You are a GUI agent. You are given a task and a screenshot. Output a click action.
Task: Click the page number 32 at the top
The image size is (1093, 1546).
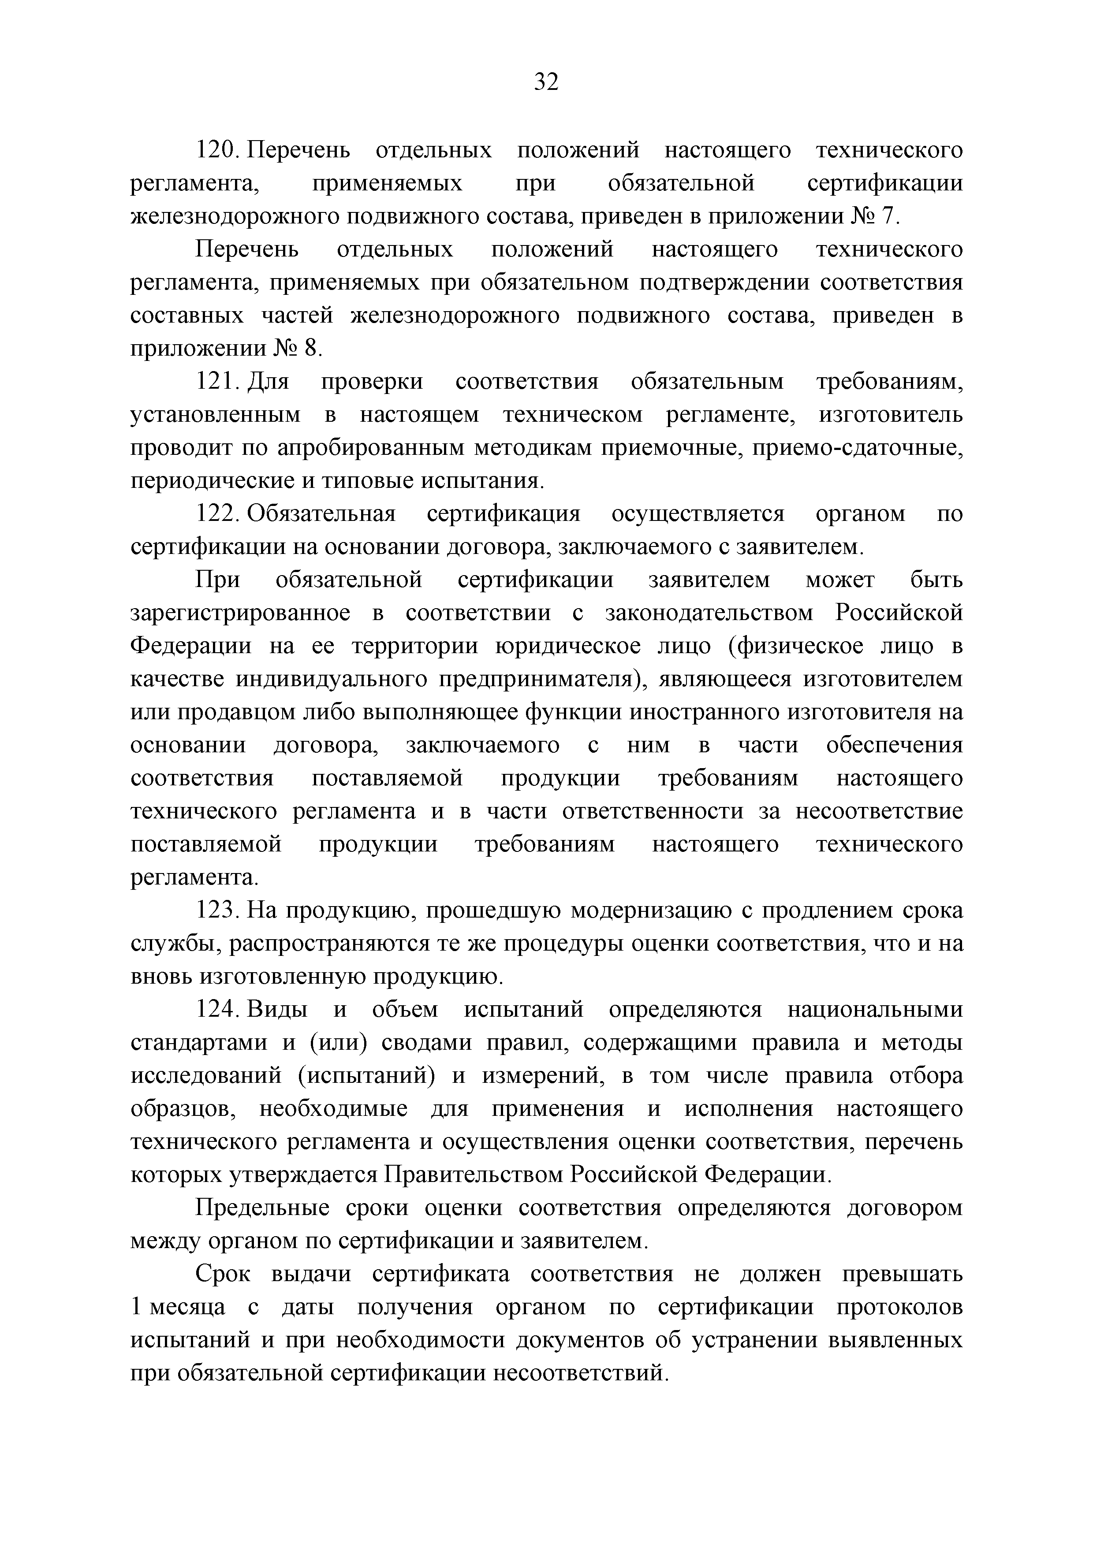546,82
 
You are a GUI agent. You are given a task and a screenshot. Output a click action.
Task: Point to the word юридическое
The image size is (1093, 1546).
567,647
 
